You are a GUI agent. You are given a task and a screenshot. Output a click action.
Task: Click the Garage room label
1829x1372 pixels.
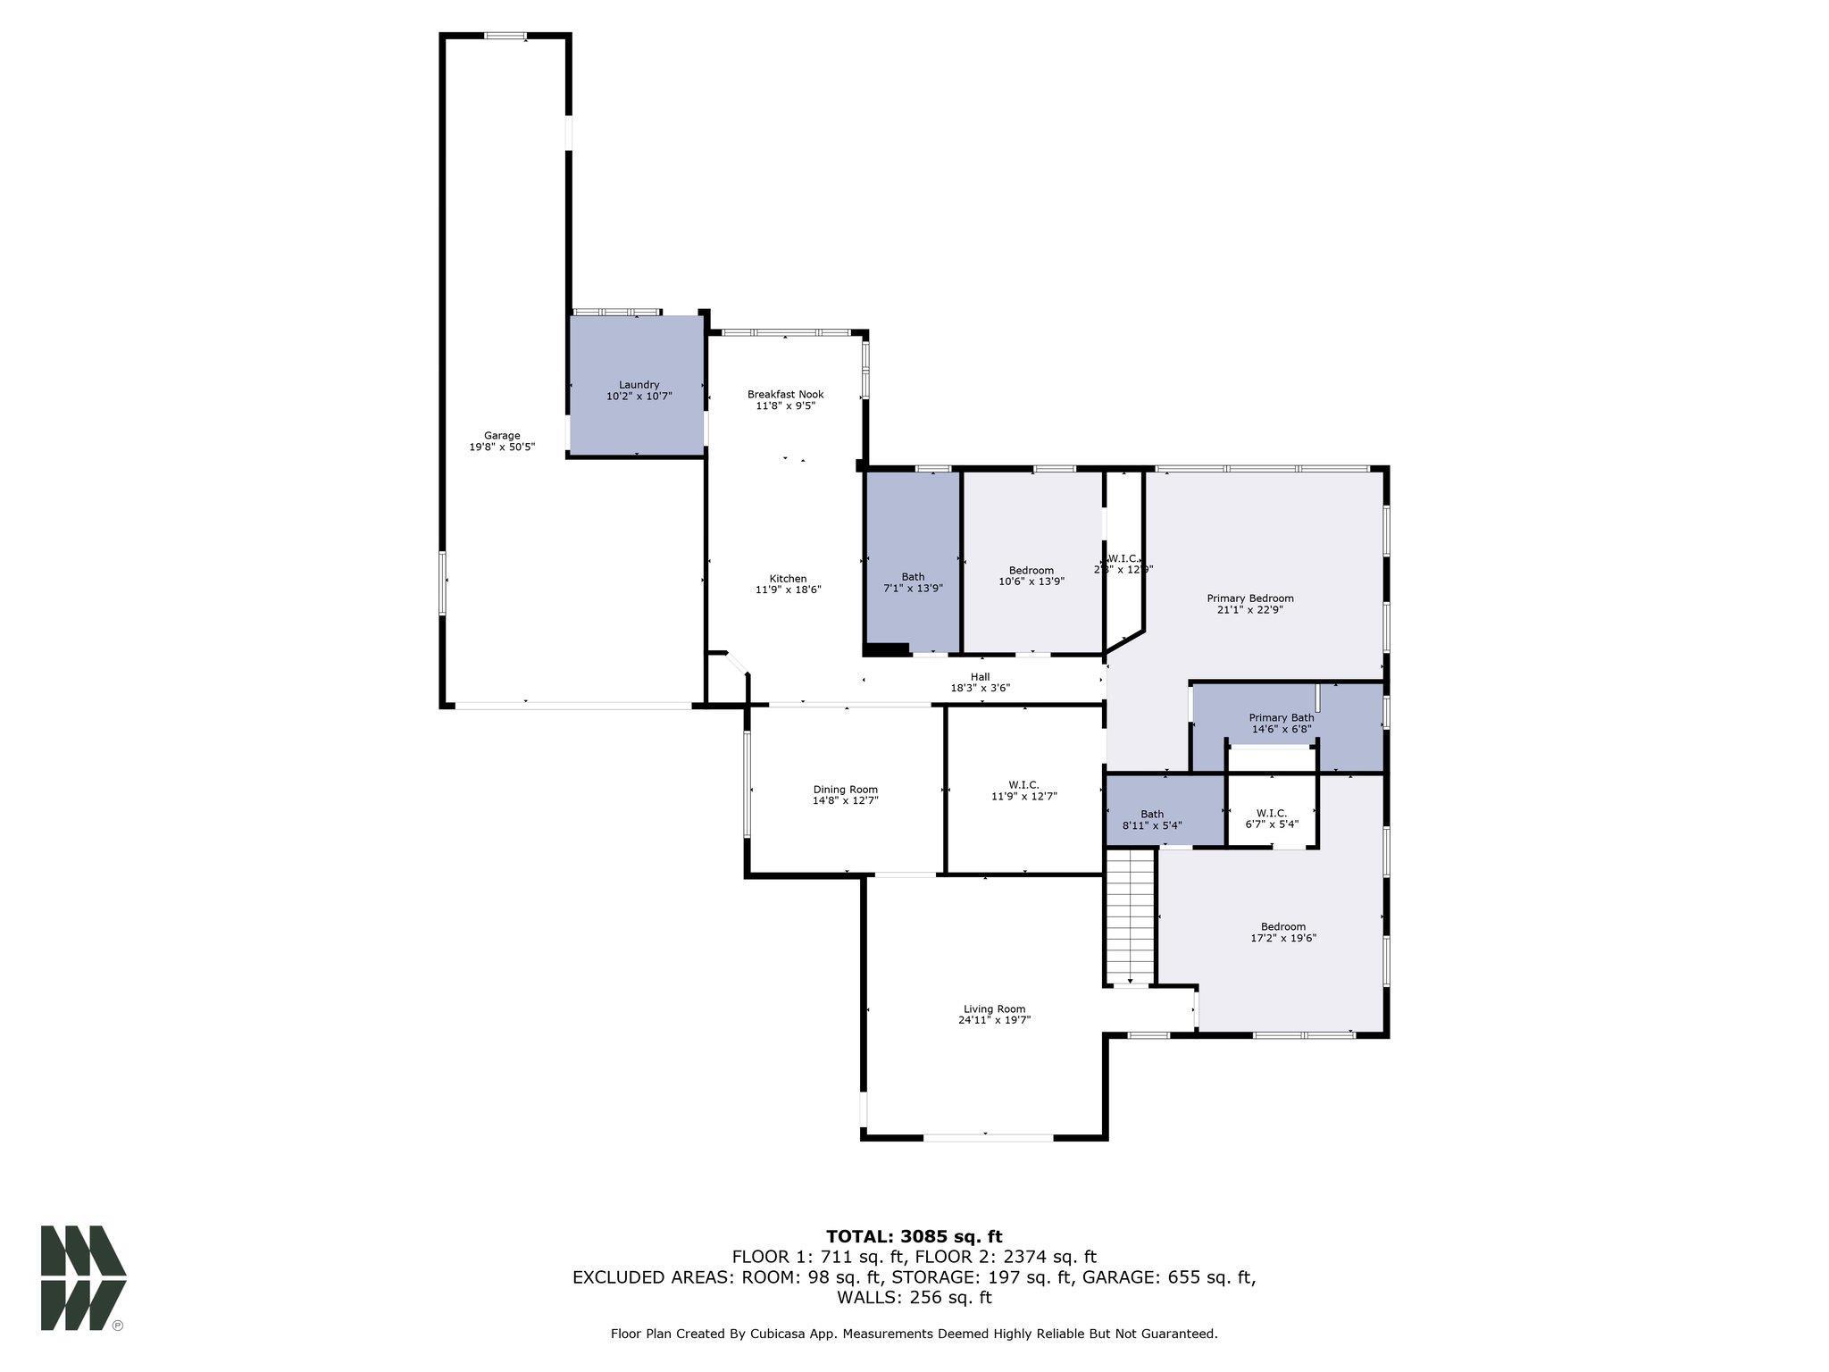(502, 436)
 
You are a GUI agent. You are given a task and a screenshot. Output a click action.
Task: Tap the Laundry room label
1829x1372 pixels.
(639, 385)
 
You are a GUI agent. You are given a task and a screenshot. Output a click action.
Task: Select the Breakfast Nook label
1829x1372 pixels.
(785, 394)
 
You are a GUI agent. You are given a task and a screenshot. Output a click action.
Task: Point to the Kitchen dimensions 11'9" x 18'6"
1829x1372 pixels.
(788, 590)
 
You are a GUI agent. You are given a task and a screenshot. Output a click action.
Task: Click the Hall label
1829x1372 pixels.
(980, 677)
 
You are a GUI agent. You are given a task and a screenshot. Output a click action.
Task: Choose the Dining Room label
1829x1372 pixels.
(845, 790)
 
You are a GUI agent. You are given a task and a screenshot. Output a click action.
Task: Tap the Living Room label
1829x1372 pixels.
(994, 1009)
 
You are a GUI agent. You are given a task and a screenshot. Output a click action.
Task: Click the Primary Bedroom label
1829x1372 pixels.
(1249, 598)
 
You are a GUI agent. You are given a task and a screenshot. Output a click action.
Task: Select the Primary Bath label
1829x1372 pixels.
(1281, 718)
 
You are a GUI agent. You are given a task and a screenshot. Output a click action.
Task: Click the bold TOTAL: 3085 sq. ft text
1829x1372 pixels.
(914, 1237)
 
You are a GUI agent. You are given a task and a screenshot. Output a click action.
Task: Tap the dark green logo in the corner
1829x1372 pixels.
(82, 1277)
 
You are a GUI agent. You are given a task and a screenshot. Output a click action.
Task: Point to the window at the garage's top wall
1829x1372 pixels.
(505, 36)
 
